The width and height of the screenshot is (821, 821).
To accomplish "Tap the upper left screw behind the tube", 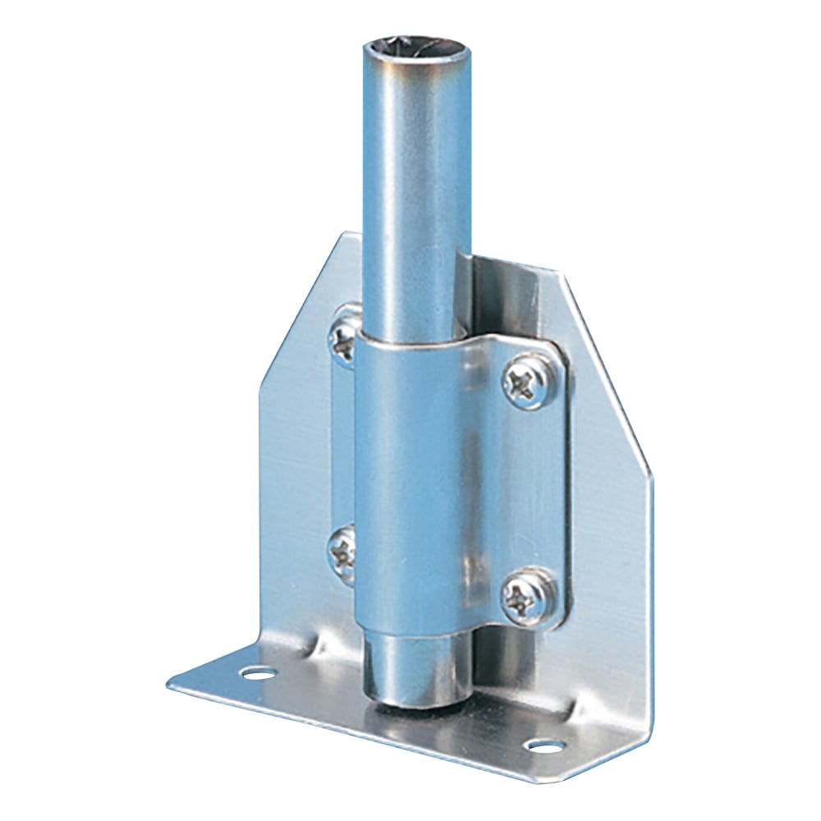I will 344,338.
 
